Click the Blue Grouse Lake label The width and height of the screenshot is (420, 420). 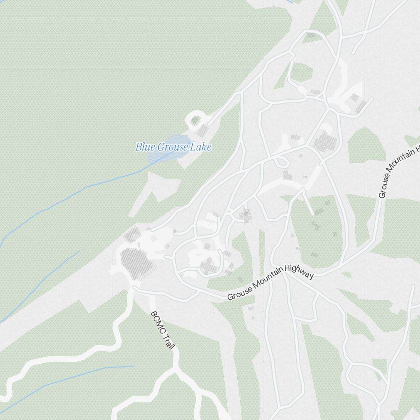[173, 147]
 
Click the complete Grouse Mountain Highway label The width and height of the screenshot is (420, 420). [270, 282]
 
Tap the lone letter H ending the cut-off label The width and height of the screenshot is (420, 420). [417, 149]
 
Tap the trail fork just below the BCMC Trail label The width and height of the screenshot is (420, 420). [174, 370]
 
